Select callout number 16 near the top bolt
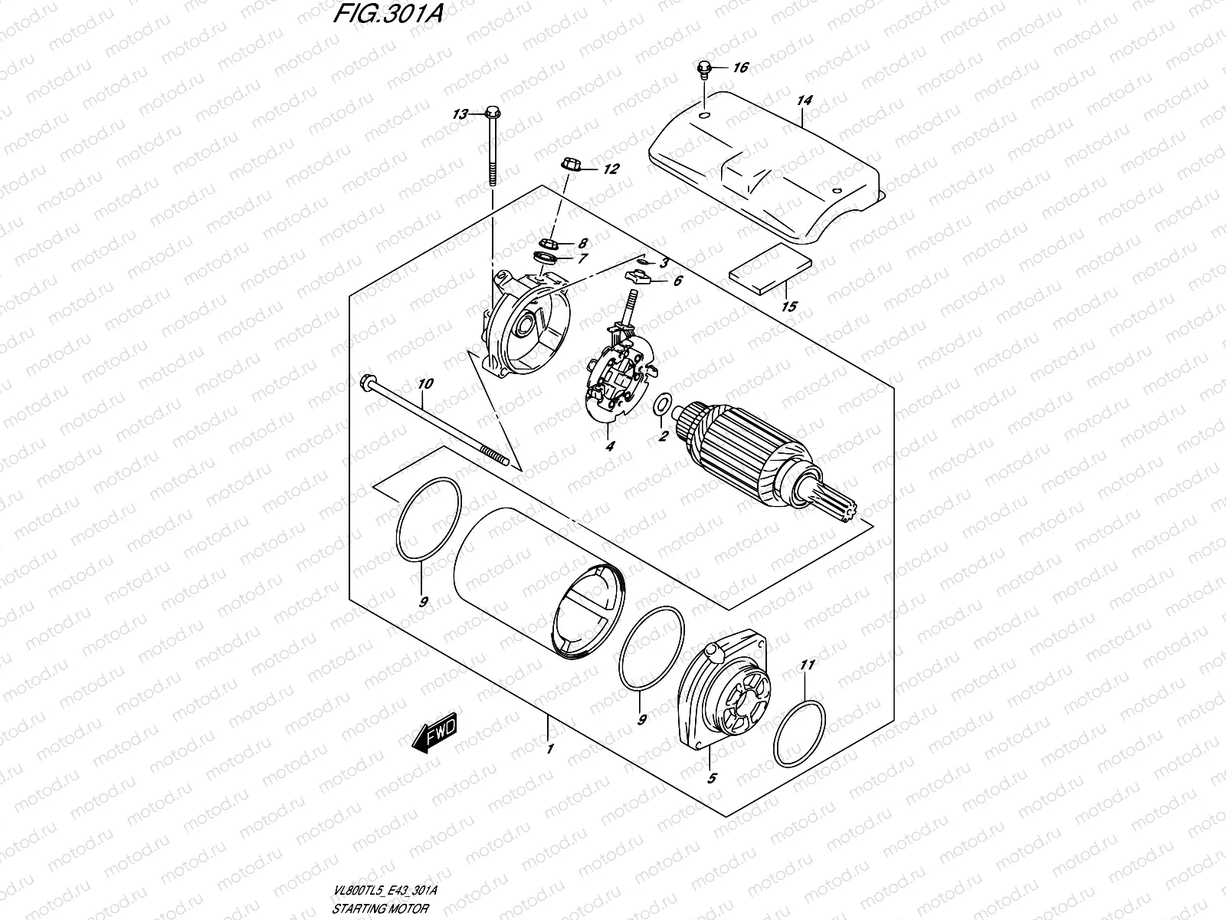pos(740,68)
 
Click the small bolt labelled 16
pos(703,70)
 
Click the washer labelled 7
pos(545,257)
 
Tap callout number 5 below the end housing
pos(711,779)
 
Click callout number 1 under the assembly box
pos(549,747)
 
